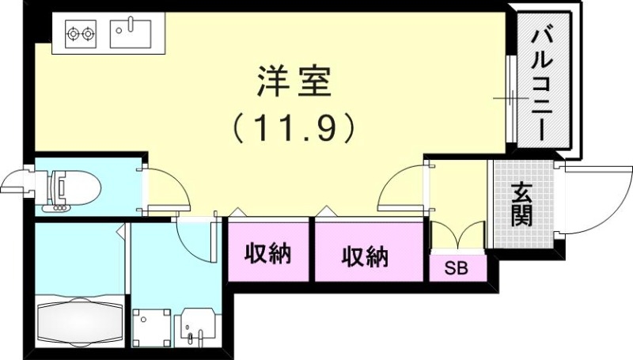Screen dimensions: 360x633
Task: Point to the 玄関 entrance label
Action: coord(521,204)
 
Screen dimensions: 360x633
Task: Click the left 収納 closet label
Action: coord(267,255)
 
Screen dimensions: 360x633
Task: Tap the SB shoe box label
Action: coord(455,269)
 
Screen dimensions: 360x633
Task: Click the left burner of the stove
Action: coord(72,34)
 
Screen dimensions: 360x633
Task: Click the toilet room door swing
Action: coord(166,190)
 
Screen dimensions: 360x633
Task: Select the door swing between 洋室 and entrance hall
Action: coord(404,186)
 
